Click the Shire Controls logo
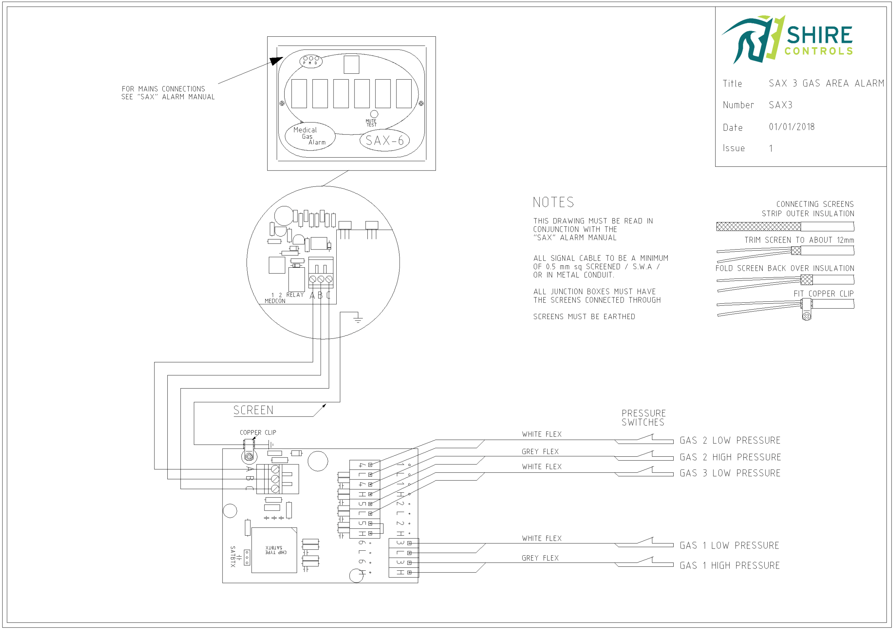coord(786,39)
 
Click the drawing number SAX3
coord(780,105)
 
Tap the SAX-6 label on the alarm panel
coord(384,140)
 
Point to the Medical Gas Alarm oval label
coord(309,136)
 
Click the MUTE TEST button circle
coord(374,114)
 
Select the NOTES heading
coord(553,202)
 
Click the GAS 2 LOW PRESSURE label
coord(730,440)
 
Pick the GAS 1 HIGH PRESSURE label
coord(729,565)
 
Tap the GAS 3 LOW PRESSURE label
coord(730,473)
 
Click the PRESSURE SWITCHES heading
coord(643,418)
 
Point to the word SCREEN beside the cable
coord(253,410)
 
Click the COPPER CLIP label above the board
coord(258,433)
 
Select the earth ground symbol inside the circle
coord(358,319)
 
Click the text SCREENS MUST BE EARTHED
coord(584,317)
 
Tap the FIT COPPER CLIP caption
coord(823,294)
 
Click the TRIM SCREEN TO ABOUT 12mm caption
coord(799,240)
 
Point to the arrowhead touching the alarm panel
coord(276,61)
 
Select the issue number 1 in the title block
coord(771,149)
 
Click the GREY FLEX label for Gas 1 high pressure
coord(540,558)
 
